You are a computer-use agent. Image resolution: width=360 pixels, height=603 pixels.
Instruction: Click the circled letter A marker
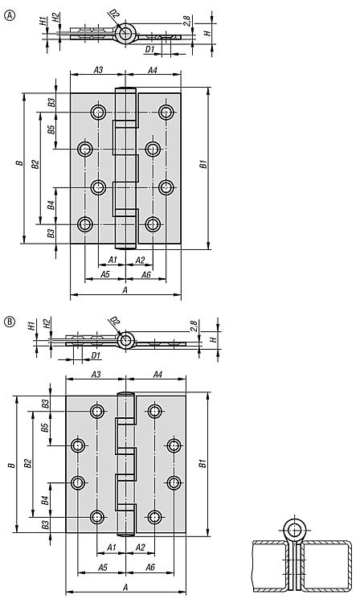(9, 15)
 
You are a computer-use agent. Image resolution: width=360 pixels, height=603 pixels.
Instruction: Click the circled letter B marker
(9, 321)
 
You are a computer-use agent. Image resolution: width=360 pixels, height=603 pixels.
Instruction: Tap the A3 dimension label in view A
(98, 70)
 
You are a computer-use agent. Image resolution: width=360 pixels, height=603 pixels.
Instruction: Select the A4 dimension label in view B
(157, 374)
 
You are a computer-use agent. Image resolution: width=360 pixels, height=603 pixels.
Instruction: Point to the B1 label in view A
(203, 164)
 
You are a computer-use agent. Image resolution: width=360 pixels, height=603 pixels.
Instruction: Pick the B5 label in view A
(51, 129)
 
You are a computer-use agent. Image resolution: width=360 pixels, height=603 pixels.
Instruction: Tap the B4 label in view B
(45, 500)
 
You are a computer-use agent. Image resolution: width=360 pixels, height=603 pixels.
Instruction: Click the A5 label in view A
(105, 274)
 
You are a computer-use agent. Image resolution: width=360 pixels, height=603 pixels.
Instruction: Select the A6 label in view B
(149, 567)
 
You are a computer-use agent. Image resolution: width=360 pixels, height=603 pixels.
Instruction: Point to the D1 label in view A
(149, 49)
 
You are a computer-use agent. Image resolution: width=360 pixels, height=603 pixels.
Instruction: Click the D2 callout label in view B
(114, 322)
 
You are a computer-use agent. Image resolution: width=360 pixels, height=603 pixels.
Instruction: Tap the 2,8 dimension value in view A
(186, 21)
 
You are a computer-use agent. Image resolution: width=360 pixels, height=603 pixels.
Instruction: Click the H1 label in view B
(32, 326)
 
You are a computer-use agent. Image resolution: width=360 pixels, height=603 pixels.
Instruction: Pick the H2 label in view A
(55, 18)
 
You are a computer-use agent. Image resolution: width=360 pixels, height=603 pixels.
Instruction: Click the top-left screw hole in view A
(98, 113)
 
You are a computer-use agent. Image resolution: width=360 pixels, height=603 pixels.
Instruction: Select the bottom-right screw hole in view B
(155, 517)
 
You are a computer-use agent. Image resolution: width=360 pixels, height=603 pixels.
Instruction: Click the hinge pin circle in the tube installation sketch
(295, 531)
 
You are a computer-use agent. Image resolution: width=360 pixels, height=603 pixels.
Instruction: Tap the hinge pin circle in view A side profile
(125, 33)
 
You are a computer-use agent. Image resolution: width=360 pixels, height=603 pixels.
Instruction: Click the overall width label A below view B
(125, 587)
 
